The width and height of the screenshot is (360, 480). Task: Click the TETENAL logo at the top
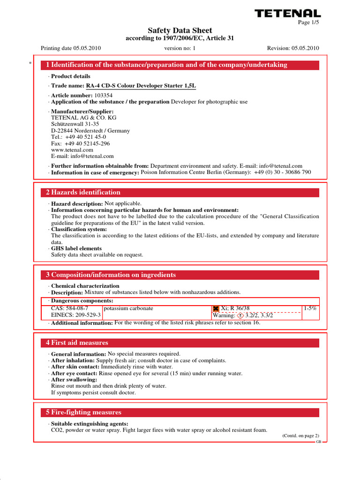288,14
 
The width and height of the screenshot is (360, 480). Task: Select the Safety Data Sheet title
180,30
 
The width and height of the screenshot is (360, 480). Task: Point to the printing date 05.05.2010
71,48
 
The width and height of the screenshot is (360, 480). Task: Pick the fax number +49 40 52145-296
80,143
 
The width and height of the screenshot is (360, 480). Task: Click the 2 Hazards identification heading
83,193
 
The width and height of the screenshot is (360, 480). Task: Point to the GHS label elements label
76,248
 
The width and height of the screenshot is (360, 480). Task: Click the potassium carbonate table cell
128,308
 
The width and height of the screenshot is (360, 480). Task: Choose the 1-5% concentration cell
310,308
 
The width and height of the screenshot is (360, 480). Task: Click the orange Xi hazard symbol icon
216,309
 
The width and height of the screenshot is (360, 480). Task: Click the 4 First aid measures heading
77,343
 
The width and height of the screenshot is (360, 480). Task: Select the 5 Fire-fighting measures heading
83,412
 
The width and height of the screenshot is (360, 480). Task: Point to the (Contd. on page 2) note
300,435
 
